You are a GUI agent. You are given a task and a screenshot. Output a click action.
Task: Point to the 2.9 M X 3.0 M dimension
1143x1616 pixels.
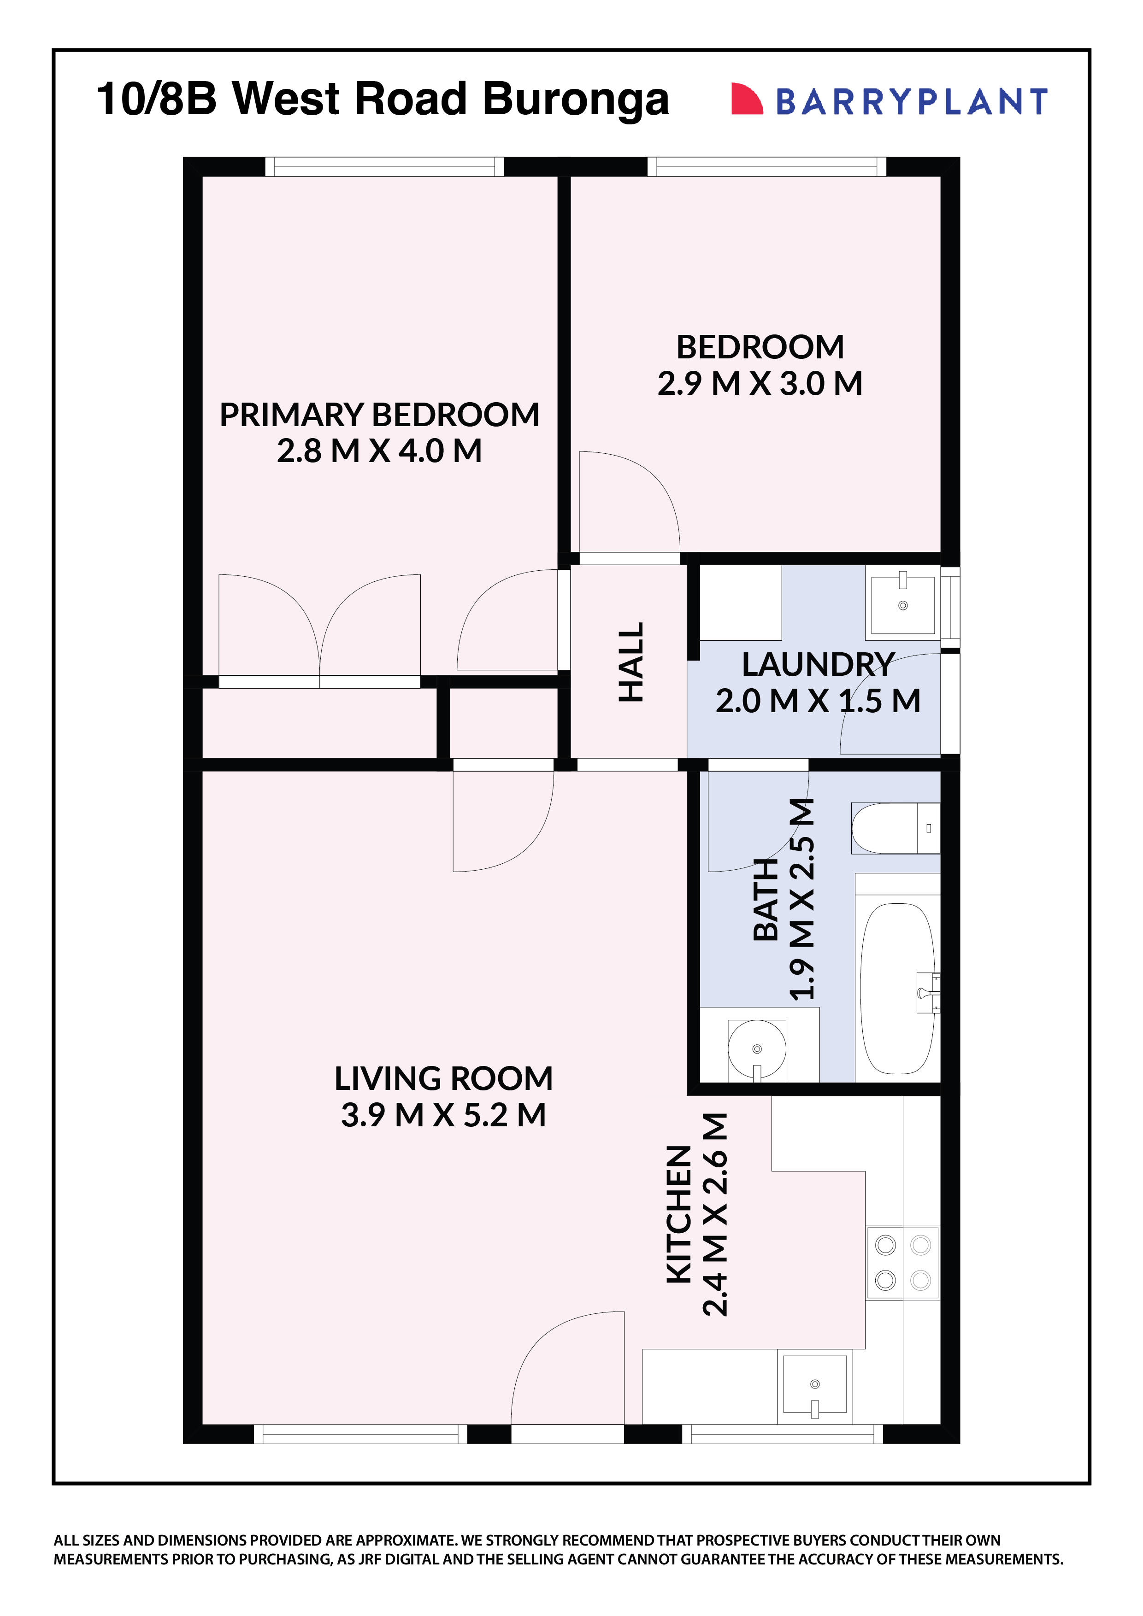coord(760,384)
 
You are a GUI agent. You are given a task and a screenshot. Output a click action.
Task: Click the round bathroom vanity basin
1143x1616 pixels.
coord(756,1049)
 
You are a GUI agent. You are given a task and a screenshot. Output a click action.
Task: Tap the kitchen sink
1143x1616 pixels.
coord(815,1385)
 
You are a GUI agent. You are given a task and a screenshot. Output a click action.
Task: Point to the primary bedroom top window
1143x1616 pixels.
coord(384,167)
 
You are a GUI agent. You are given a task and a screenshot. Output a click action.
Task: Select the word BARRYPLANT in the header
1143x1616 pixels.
coord(911,101)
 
